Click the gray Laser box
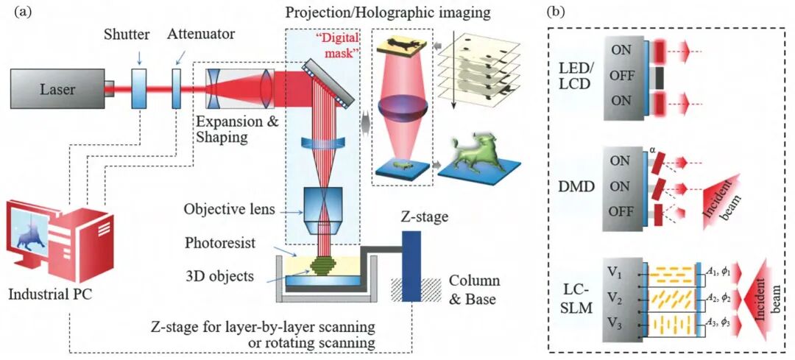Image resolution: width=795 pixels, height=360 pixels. tap(56, 89)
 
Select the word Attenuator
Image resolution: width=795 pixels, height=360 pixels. tap(200, 35)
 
